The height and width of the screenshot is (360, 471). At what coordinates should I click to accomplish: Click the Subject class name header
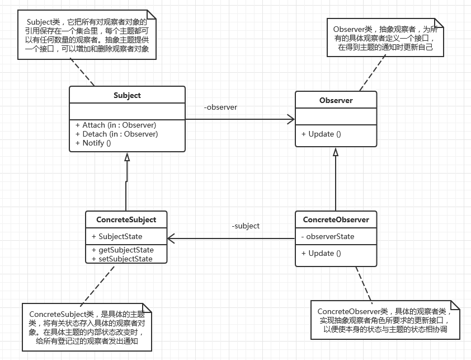(x=127, y=95)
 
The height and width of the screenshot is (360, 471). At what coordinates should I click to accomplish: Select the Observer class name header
(x=336, y=100)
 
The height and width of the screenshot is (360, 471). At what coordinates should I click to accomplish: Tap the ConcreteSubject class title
(x=126, y=219)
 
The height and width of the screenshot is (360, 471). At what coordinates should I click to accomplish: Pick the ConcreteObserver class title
(x=336, y=219)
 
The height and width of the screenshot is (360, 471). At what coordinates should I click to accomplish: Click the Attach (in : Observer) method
(x=115, y=125)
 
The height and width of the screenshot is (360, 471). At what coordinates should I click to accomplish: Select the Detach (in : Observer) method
(x=116, y=134)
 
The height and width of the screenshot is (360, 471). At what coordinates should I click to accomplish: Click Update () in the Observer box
(x=321, y=134)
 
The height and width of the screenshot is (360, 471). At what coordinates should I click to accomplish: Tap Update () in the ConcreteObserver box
(x=321, y=253)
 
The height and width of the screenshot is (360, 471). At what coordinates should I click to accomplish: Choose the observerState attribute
(x=328, y=236)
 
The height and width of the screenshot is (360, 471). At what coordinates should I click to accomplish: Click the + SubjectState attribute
(x=117, y=236)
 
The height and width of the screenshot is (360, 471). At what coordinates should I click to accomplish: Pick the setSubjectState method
(x=122, y=259)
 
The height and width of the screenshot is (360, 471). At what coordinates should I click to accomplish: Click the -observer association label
(x=220, y=107)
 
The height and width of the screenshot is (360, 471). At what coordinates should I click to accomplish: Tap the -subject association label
(x=246, y=226)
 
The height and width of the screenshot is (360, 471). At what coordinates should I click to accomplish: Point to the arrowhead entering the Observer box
(x=291, y=119)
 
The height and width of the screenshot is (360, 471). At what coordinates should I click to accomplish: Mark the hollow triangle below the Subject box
(x=127, y=157)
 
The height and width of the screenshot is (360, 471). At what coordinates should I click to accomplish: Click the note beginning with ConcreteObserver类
(x=385, y=320)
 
